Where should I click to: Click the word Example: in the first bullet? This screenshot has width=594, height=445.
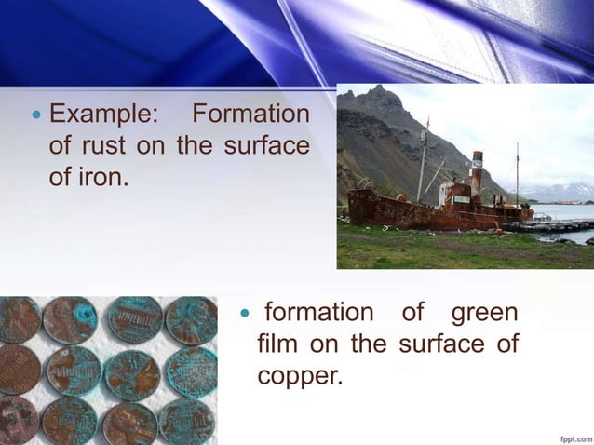click(x=103, y=115)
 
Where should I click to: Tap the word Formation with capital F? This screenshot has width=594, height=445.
click(x=250, y=115)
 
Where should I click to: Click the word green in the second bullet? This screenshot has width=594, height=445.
click(x=484, y=314)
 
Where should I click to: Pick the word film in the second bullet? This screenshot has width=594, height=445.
click(x=277, y=344)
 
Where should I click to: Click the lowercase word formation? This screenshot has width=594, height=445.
click(x=317, y=314)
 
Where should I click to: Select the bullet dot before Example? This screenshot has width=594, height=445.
click(x=36, y=116)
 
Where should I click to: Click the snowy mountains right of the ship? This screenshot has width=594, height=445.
click(x=559, y=191)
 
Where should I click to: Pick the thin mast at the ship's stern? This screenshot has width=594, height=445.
click(x=518, y=172)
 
